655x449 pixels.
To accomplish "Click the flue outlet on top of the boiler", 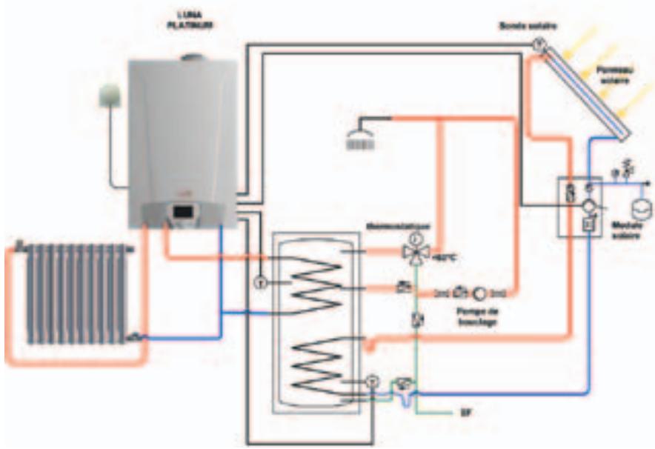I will coord(191,57).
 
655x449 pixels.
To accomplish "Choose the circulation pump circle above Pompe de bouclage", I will coord(479,292).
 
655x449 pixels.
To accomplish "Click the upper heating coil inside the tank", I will coord(312,282).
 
